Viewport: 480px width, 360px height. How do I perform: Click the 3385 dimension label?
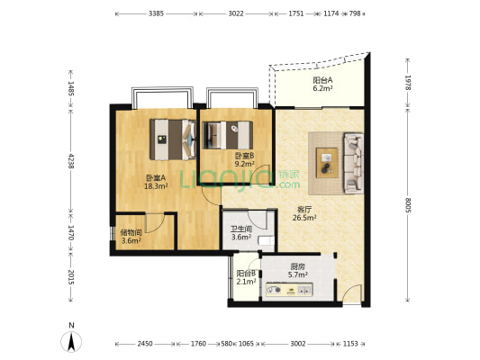click(x=156, y=13)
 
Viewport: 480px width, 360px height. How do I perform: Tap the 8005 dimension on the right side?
click(x=407, y=205)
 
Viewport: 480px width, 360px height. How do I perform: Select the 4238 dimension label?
click(x=71, y=161)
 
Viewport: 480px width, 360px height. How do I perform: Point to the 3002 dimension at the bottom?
click(x=298, y=344)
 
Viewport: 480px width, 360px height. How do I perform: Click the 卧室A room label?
click(x=156, y=177)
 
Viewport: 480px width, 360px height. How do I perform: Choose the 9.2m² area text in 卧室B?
click(x=244, y=164)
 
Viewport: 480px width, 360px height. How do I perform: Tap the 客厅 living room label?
click(x=304, y=210)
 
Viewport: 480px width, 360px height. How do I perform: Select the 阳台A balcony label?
click(x=322, y=80)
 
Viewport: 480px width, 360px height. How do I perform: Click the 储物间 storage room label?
click(x=131, y=232)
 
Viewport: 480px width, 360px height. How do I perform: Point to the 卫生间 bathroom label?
click(x=241, y=229)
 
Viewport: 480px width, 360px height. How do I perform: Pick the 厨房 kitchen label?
click(x=297, y=266)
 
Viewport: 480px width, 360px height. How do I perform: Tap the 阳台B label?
click(x=246, y=273)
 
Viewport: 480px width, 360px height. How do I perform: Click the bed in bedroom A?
click(x=173, y=139)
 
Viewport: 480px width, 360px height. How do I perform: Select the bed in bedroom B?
click(x=228, y=135)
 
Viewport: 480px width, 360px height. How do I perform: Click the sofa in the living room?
click(x=354, y=163)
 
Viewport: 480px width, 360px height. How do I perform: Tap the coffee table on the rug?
click(x=327, y=163)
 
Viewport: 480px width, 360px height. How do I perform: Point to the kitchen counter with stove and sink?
click(x=289, y=290)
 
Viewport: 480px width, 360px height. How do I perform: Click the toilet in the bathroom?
click(x=267, y=240)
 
